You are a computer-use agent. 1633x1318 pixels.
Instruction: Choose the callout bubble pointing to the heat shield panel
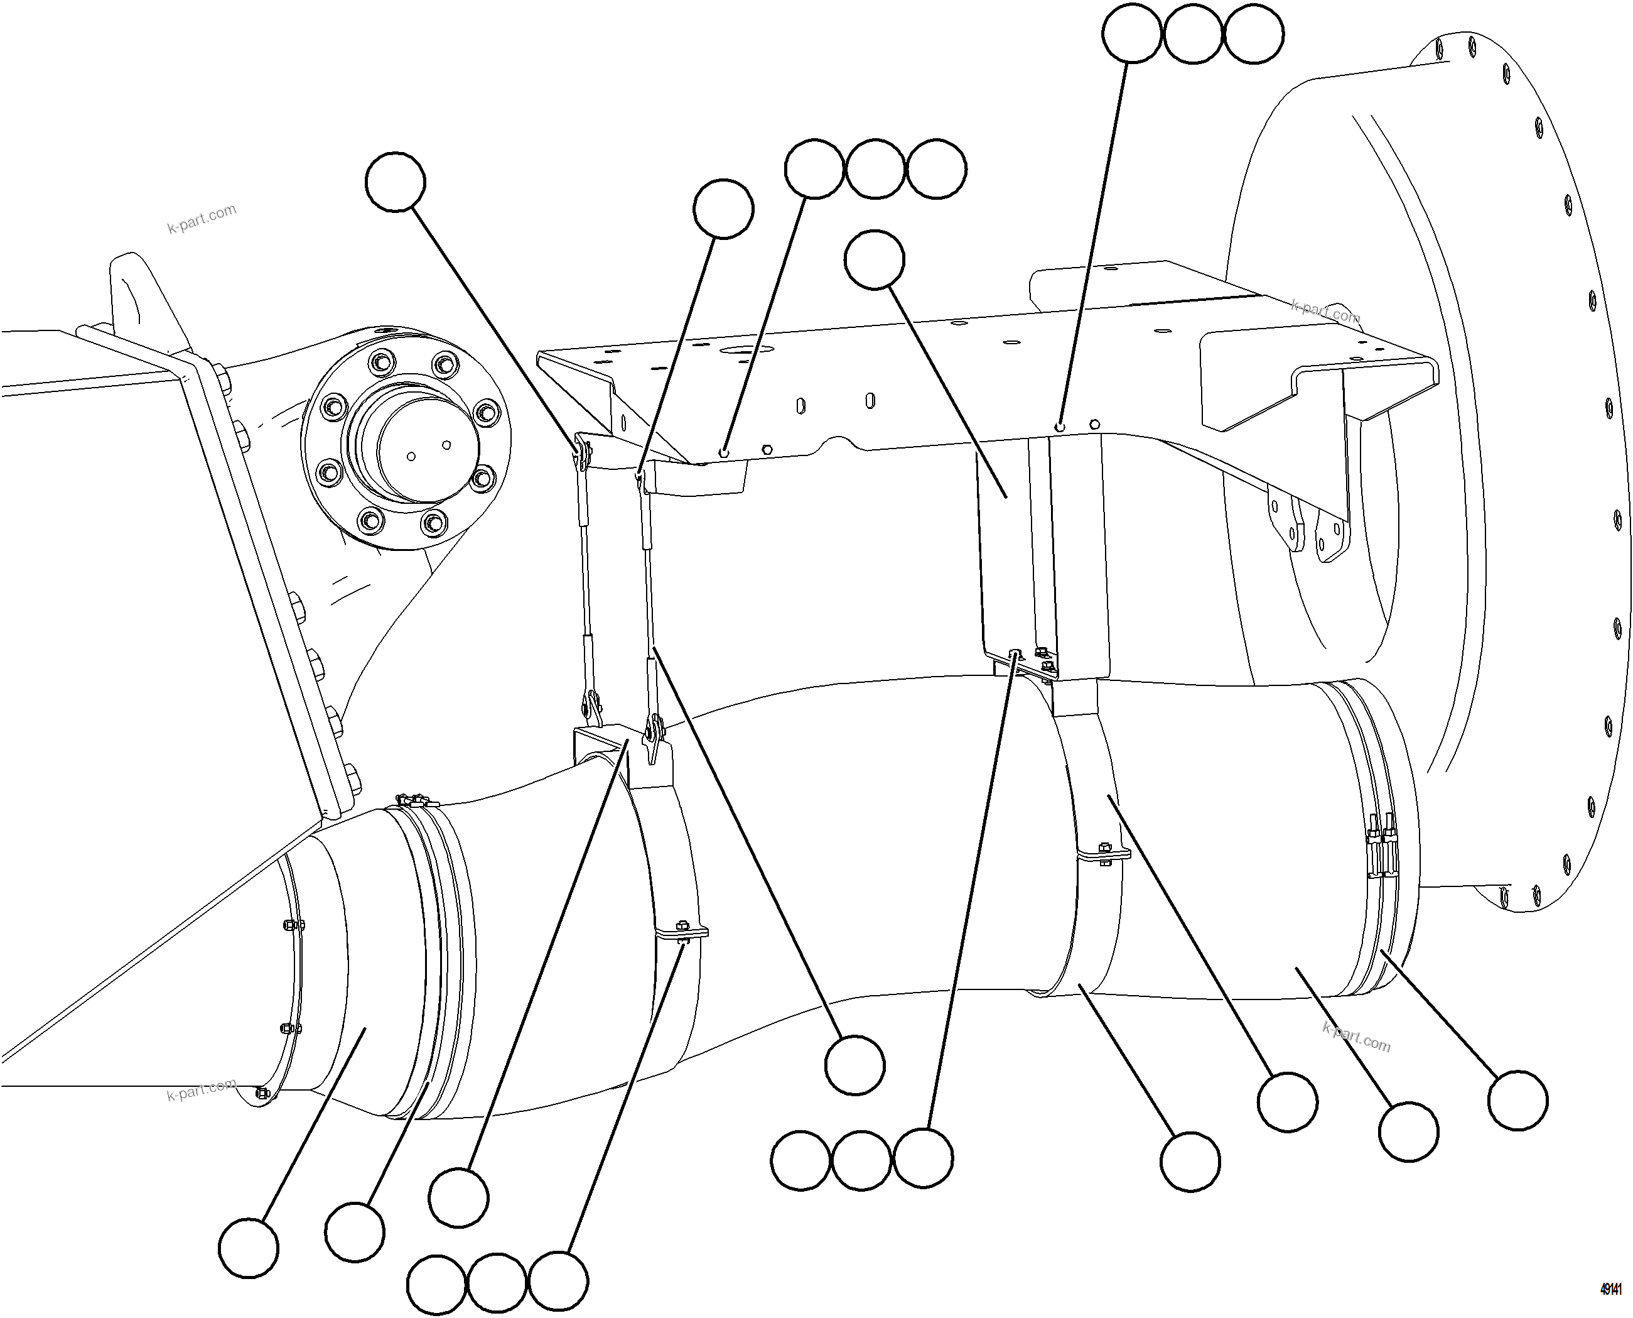874,259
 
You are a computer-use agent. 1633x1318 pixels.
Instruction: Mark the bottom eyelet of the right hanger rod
652,731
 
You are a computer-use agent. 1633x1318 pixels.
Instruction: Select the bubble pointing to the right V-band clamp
1517,1101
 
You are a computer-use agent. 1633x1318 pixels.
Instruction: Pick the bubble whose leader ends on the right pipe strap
1287,1103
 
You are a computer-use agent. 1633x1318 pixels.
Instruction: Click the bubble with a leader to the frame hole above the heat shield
1131,33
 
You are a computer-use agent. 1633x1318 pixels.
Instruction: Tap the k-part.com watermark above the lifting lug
202,219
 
